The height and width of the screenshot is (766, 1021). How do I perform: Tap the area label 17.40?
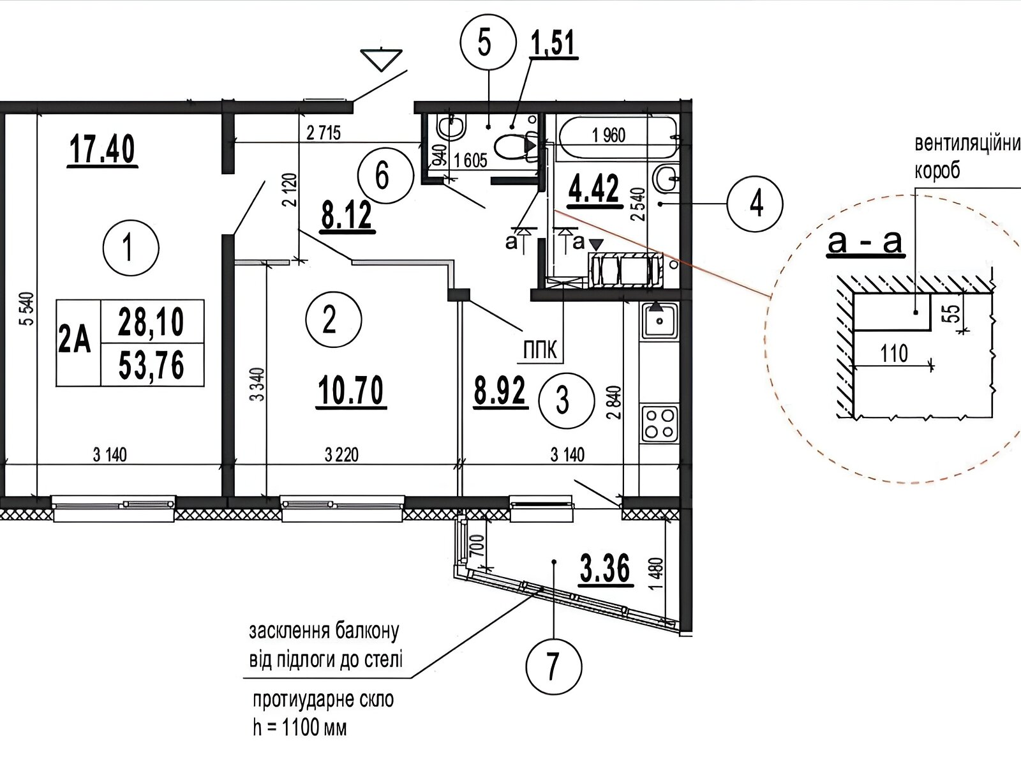tap(102, 150)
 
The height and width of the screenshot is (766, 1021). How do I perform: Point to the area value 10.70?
tap(351, 391)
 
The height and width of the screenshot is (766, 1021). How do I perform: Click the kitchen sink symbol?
tap(659, 320)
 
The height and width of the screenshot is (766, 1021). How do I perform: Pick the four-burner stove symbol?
tap(660, 423)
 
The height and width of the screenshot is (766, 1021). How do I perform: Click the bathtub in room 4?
tap(618, 138)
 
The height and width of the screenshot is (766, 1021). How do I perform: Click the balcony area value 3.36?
tap(606, 569)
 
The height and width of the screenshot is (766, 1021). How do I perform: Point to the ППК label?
tap(540, 350)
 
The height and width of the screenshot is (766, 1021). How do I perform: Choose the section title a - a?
tap(865, 242)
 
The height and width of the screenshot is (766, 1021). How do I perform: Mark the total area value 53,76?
tap(151, 366)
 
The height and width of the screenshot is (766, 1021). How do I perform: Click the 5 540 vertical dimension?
tap(28, 309)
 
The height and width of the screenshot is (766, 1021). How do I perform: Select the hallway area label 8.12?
tap(347, 216)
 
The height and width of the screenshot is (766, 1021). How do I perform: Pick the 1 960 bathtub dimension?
tap(608, 135)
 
